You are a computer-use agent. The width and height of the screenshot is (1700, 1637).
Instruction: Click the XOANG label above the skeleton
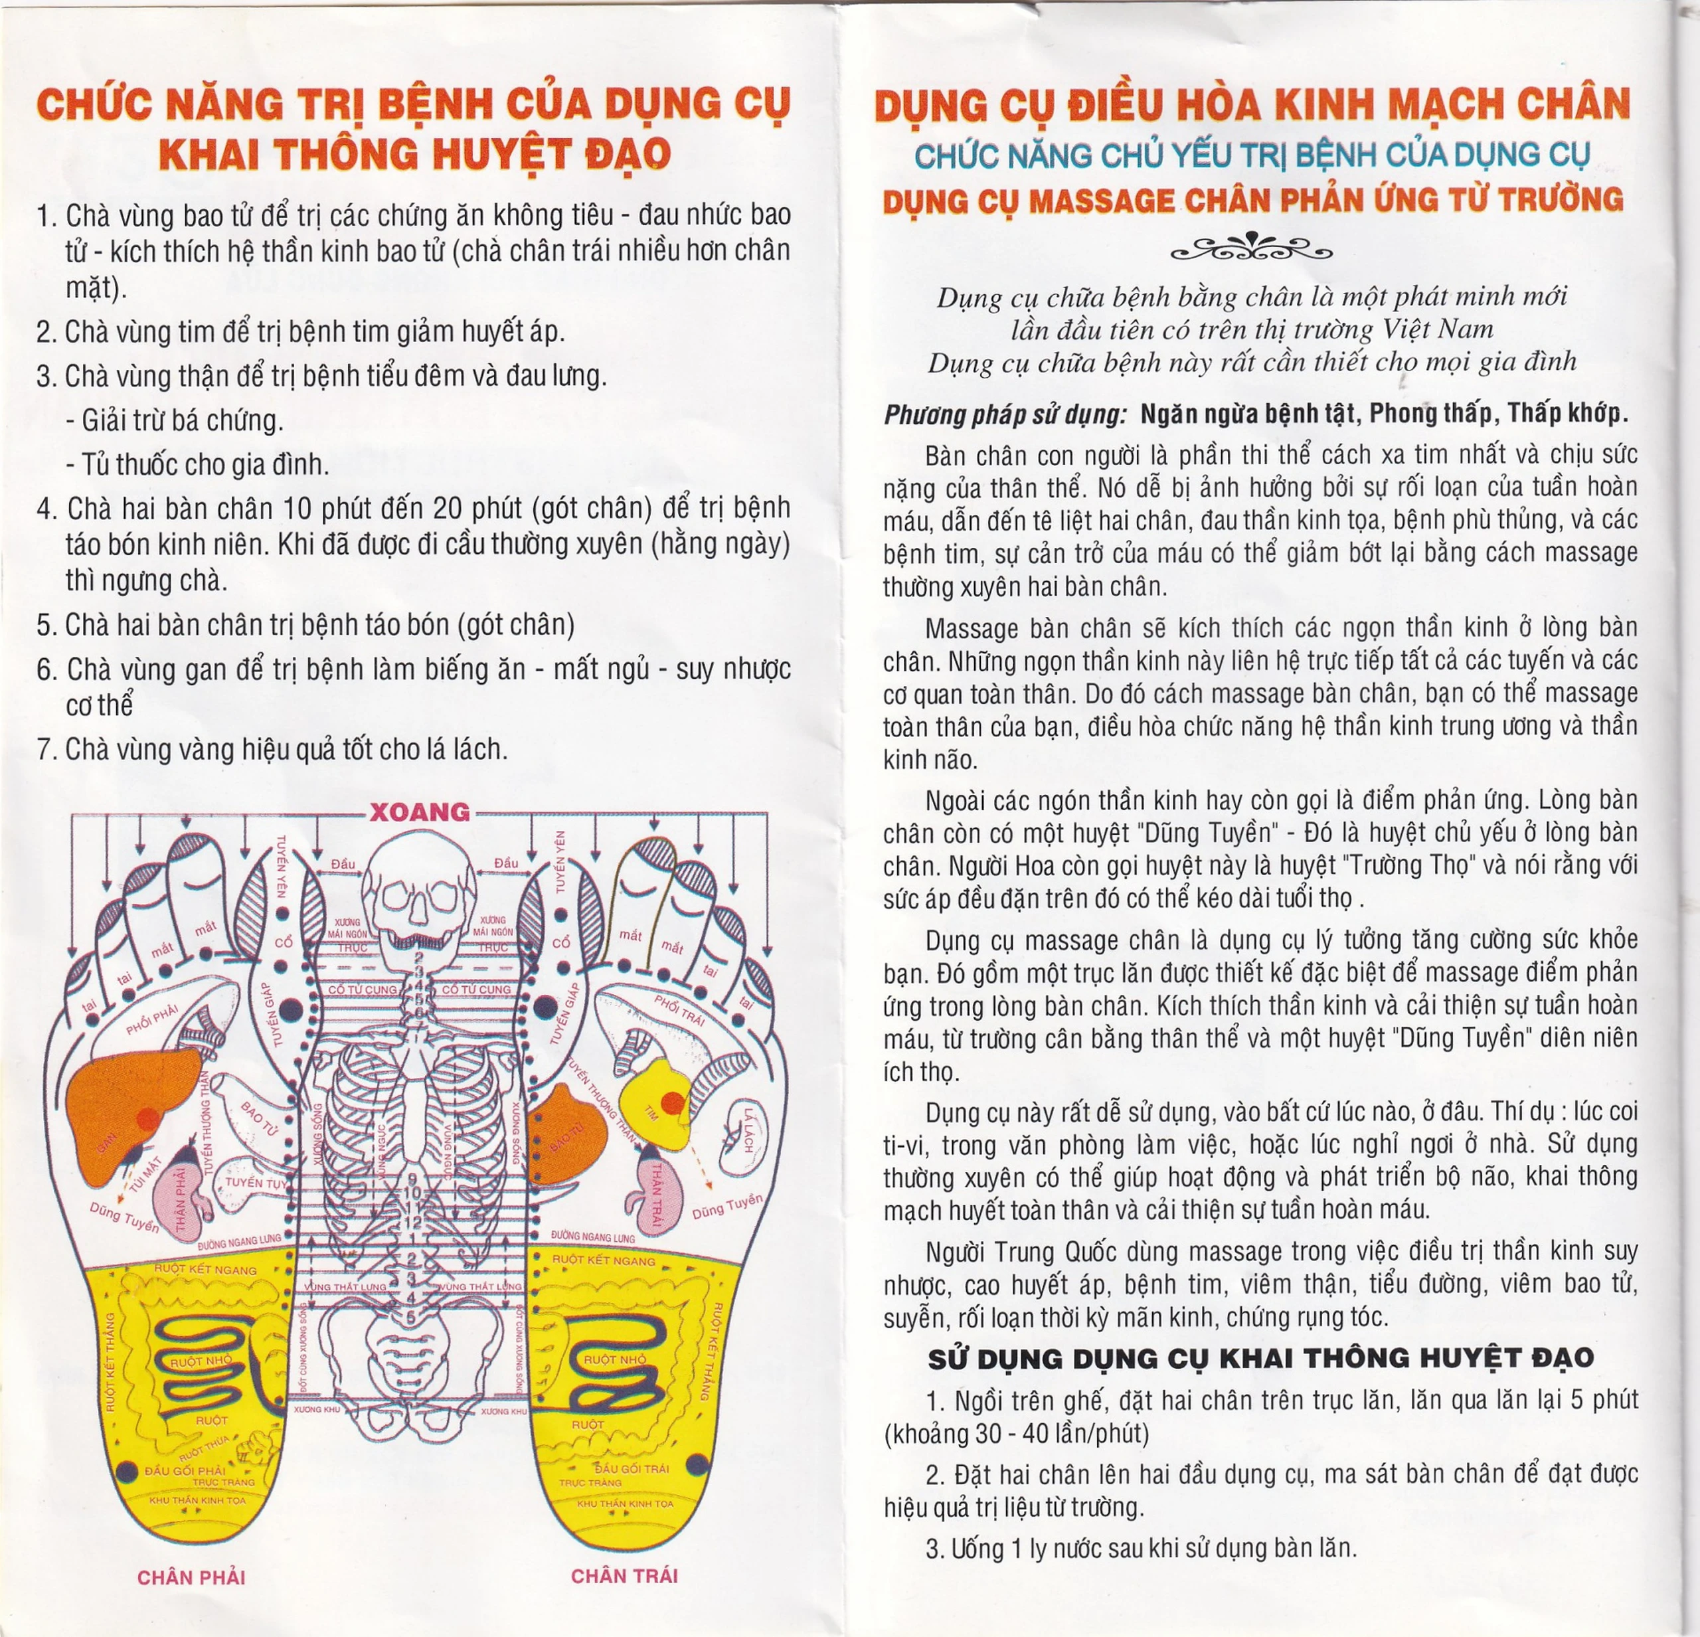click(420, 812)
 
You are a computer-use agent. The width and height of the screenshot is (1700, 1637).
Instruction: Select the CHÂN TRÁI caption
click(624, 1575)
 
